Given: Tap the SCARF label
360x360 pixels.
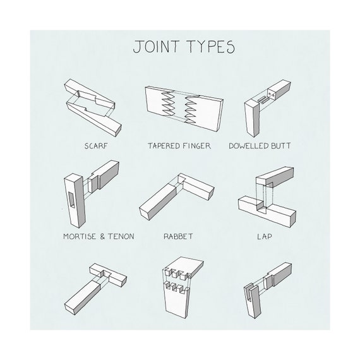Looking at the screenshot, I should point(97,146).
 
